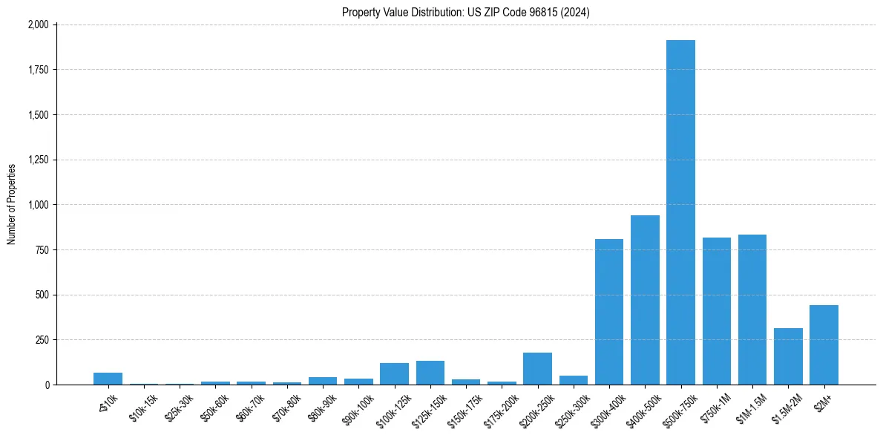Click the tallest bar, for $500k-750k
click(680, 212)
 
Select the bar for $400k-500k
click(645, 300)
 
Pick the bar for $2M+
click(824, 345)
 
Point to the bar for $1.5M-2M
click(788, 356)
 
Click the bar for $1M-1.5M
click(752, 310)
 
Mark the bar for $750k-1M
click(717, 311)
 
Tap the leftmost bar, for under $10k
click(108, 379)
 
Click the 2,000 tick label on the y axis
click(39, 24)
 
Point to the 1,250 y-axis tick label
click(39, 160)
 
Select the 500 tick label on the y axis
click(43, 295)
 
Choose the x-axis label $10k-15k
click(142, 408)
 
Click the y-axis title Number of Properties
click(11, 204)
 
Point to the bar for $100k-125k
click(394, 374)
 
